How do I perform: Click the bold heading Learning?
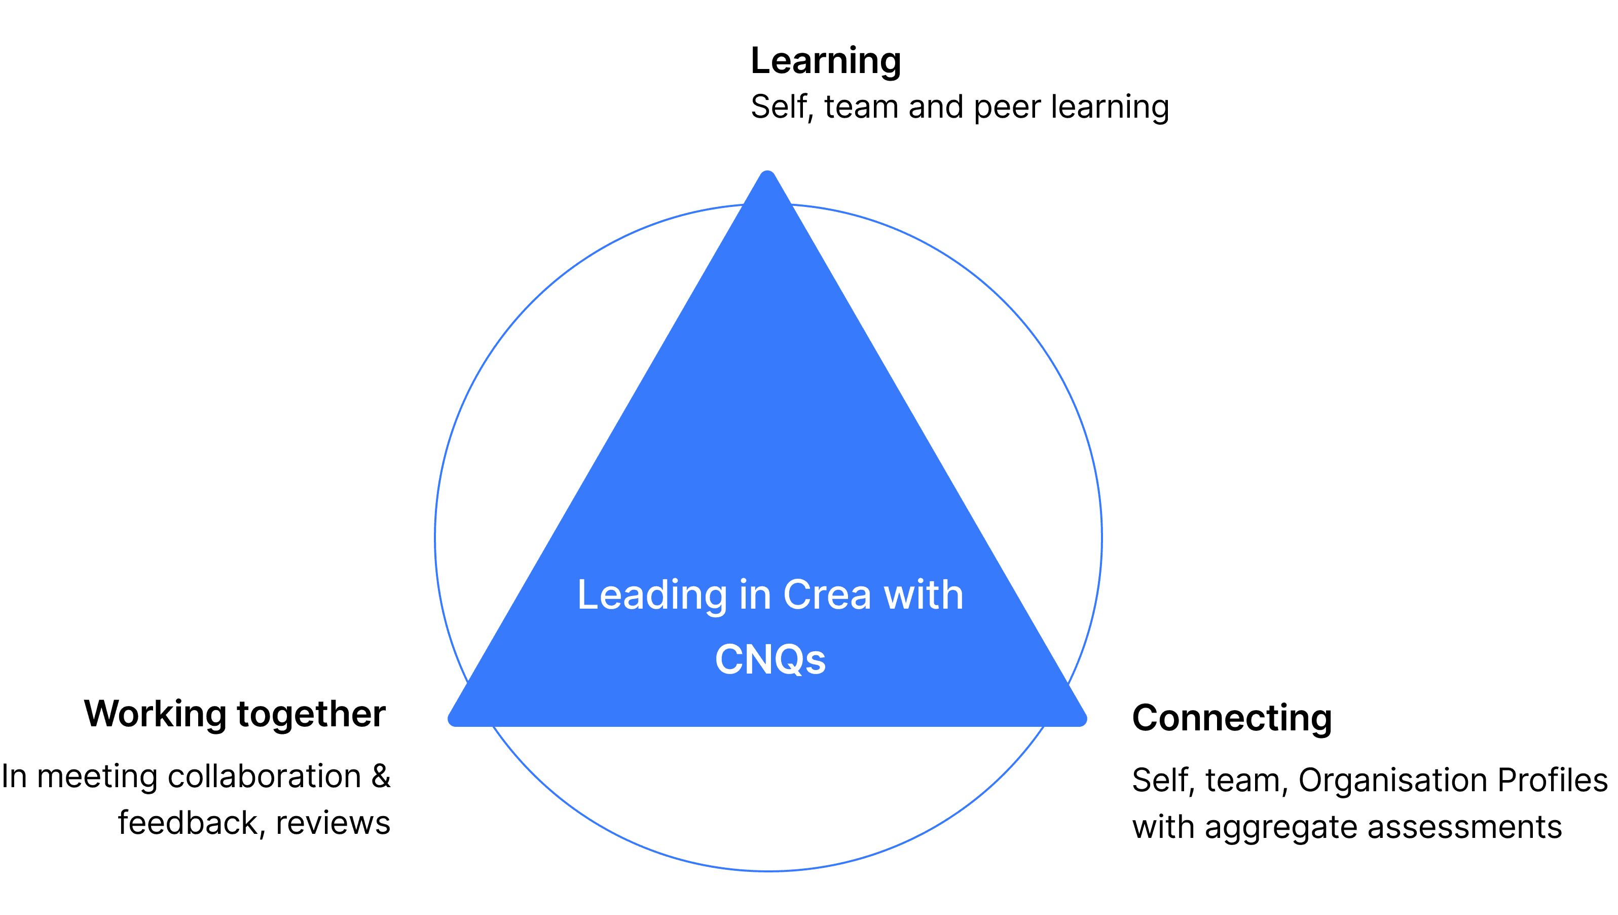826,61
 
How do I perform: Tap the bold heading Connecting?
1232,718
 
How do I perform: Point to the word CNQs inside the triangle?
770,660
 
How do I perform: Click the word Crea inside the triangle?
827,594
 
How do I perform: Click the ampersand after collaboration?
381,777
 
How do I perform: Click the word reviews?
333,824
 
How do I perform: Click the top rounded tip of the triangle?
767,177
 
